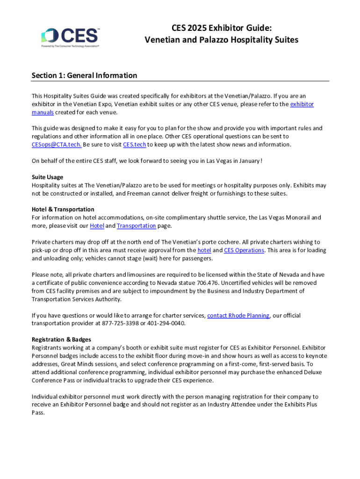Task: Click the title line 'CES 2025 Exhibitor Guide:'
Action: pos(221,28)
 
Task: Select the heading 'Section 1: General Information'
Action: pos(84,75)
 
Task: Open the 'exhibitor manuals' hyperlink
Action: pos(302,104)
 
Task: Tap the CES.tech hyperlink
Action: pos(135,145)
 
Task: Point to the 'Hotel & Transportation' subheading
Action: pos(63,209)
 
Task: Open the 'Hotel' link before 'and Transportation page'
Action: pos(97,226)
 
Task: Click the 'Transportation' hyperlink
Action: pos(136,226)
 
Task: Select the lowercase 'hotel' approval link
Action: pos(204,250)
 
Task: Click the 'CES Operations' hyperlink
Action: pos(244,250)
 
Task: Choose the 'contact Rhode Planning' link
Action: pos(238,316)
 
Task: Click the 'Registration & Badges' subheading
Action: pos(61,340)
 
